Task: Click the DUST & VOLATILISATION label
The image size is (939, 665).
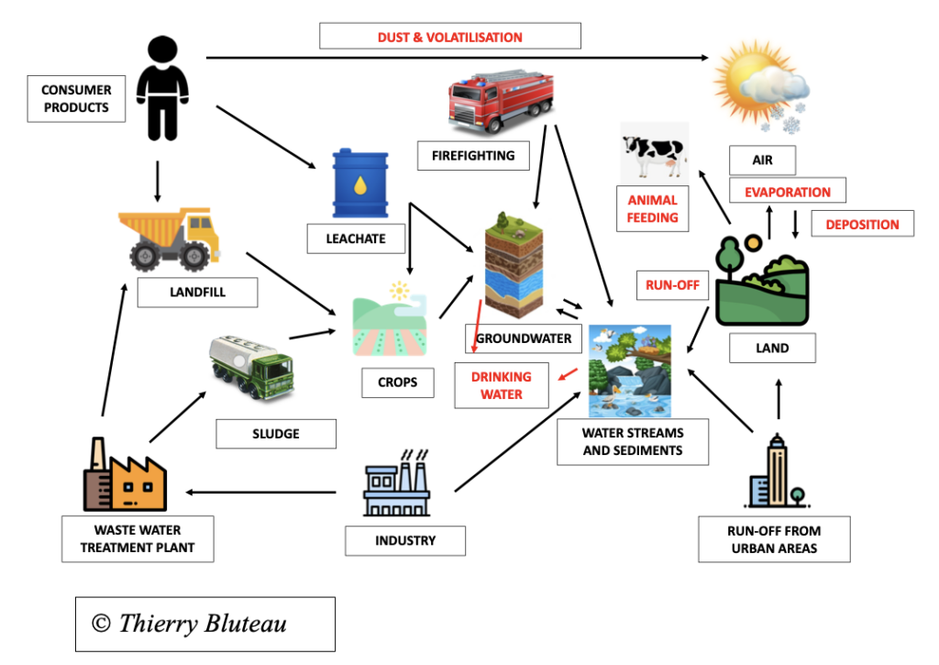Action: pyautogui.click(x=449, y=37)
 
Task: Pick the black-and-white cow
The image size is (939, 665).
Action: pyautogui.click(x=654, y=153)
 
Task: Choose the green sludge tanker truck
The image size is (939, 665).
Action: pyautogui.click(x=250, y=362)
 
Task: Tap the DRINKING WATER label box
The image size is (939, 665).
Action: pyautogui.click(x=502, y=386)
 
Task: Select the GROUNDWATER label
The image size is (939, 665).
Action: pyautogui.click(x=524, y=338)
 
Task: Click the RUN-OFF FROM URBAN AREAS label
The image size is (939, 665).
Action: pyautogui.click(x=774, y=539)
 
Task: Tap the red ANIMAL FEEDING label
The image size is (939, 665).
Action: pyautogui.click(x=653, y=209)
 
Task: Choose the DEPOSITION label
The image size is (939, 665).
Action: pyautogui.click(x=862, y=224)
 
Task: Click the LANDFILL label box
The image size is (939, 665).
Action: pyautogui.click(x=197, y=293)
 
